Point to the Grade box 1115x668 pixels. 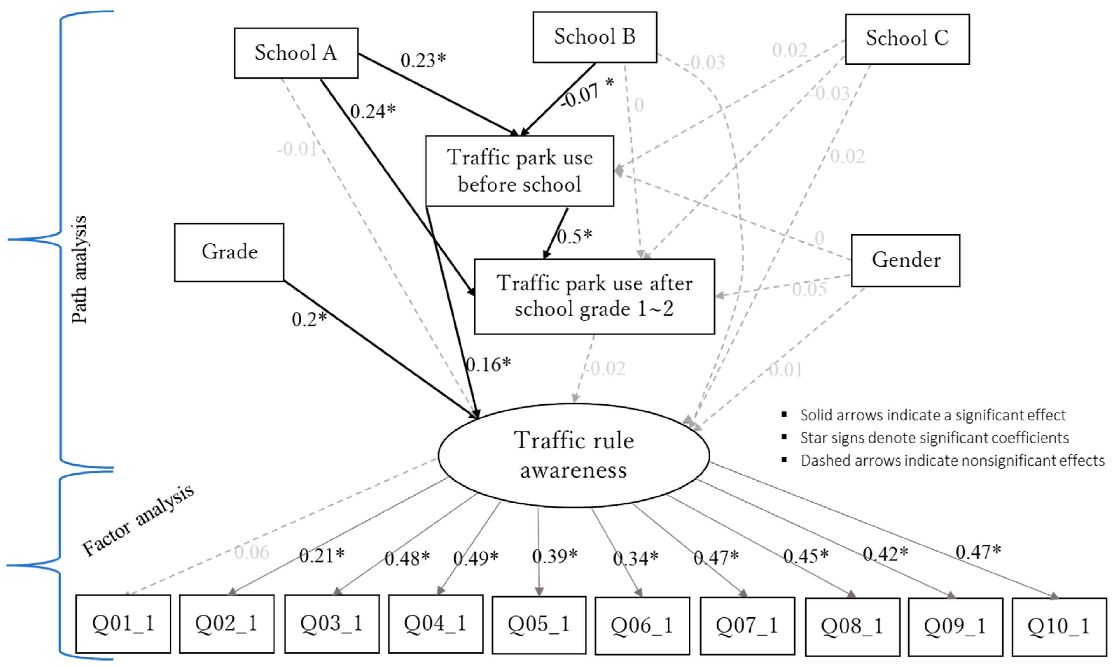point(229,252)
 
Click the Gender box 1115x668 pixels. point(905,260)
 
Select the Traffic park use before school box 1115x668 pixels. point(519,171)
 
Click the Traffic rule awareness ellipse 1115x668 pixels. point(573,455)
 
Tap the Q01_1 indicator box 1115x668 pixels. point(123,624)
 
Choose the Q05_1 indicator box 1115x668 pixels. point(538,625)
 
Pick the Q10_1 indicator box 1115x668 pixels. point(1059,626)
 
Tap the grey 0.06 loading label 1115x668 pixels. point(252,552)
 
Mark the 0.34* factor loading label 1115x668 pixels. point(635,559)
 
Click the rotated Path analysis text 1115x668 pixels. point(79,270)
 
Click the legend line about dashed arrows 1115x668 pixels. point(952,461)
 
